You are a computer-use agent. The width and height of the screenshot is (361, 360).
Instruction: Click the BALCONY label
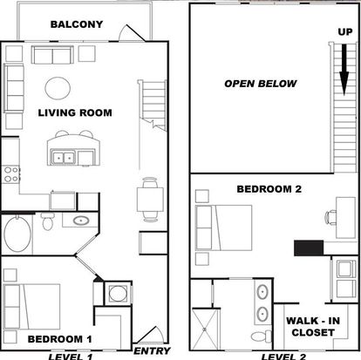77,24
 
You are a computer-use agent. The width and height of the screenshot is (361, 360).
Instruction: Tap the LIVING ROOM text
75,112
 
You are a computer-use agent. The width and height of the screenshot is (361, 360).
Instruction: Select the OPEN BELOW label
261,84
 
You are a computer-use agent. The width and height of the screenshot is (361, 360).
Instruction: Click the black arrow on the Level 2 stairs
344,70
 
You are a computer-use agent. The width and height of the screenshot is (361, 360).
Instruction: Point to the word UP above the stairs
345,31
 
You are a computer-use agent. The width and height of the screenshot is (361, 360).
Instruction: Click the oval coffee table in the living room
58,88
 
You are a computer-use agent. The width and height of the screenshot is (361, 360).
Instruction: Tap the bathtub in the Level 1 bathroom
17,234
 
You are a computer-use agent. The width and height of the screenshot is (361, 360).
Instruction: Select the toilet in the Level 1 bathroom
47,221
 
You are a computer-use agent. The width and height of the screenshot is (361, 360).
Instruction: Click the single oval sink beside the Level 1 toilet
81,221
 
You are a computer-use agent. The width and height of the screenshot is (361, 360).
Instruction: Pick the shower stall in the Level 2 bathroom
205,329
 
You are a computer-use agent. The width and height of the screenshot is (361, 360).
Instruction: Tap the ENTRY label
152,351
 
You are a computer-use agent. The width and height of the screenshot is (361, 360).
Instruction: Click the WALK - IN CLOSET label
313,327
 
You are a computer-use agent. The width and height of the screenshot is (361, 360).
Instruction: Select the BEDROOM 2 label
269,189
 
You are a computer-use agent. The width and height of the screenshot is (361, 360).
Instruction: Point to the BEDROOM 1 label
59,339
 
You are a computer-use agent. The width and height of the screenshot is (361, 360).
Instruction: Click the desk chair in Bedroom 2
330,218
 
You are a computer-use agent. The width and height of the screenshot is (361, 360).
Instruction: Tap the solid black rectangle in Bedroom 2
309,248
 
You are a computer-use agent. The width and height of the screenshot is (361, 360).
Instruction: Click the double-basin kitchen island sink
64,157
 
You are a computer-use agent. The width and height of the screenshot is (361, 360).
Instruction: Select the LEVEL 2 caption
283,357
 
